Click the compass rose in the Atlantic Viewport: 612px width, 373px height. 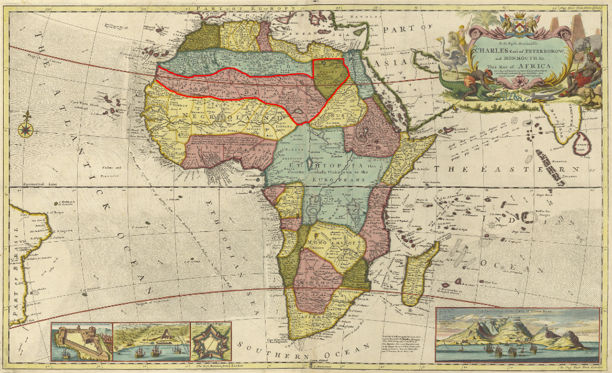[25, 129]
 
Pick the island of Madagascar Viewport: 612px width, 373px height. [420, 274]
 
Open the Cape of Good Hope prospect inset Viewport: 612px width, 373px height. [517, 336]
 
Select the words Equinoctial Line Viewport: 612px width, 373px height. [32, 184]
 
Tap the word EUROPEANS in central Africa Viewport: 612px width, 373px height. [334, 177]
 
